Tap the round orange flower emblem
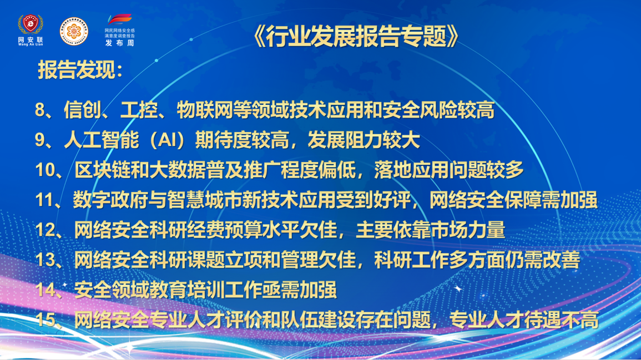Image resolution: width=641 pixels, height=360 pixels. [x=74, y=31]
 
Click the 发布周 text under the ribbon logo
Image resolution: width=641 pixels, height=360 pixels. [x=119, y=43]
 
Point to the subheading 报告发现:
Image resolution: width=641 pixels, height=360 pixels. [x=80, y=70]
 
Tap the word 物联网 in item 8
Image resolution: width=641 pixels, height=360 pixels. [x=204, y=110]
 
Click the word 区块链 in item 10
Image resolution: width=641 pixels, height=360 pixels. [x=102, y=170]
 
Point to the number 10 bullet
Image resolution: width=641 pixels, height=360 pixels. [x=45, y=170]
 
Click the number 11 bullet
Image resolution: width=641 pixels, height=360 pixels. [x=44, y=200]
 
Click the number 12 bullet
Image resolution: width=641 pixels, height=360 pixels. [x=45, y=230]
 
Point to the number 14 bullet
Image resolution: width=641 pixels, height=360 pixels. [x=45, y=290]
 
